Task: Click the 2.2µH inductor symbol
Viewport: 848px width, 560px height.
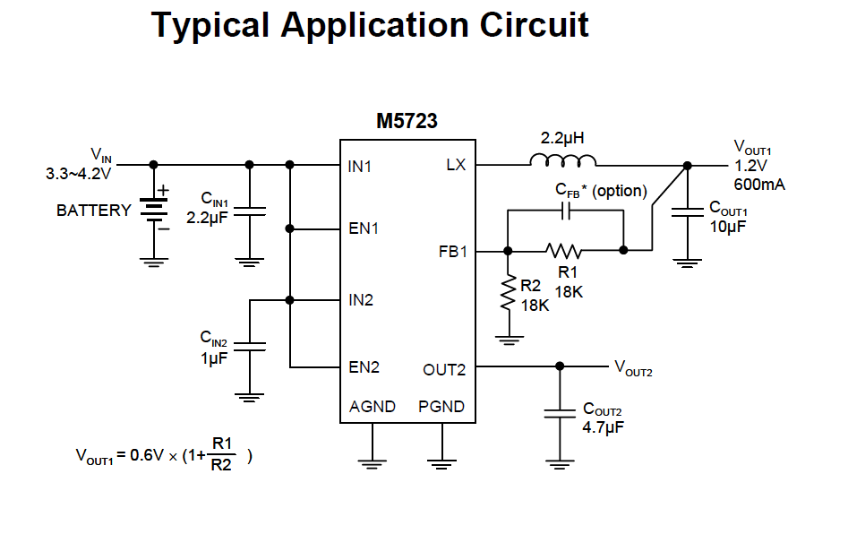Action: (x=563, y=161)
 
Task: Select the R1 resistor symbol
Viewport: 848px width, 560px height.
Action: (x=564, y=250)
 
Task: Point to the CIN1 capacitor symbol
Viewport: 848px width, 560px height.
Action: (x=250, y=212)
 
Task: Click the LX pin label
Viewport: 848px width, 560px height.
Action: (x=455, y=165)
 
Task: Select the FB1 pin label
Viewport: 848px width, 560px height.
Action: (x=452, y=252)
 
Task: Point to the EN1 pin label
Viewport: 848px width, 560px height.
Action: (x=364, y=228)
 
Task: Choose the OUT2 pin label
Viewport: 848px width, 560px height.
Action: (x=444, y=369)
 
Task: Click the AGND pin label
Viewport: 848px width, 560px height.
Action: (x=373, y=407)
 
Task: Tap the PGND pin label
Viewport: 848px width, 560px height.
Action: (x=441, y=407)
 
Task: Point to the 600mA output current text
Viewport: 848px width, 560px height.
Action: (x=759, y=184)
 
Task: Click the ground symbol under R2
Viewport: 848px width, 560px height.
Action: (x=508, y=339)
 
